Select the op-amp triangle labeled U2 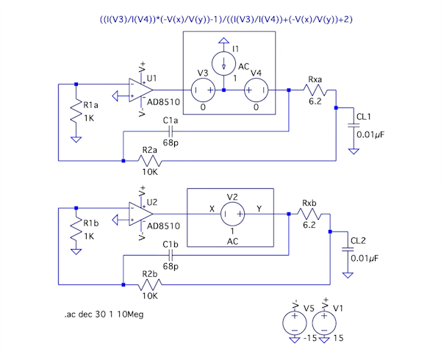point(137,214)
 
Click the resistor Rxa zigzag point(314,90)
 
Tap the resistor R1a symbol point(75,112)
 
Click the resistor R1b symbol point(75,234)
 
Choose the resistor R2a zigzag point(151,159)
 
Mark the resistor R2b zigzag point(151,283)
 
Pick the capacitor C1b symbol point(171,254)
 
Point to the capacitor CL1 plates point(354,126)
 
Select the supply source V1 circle point(324,321)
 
